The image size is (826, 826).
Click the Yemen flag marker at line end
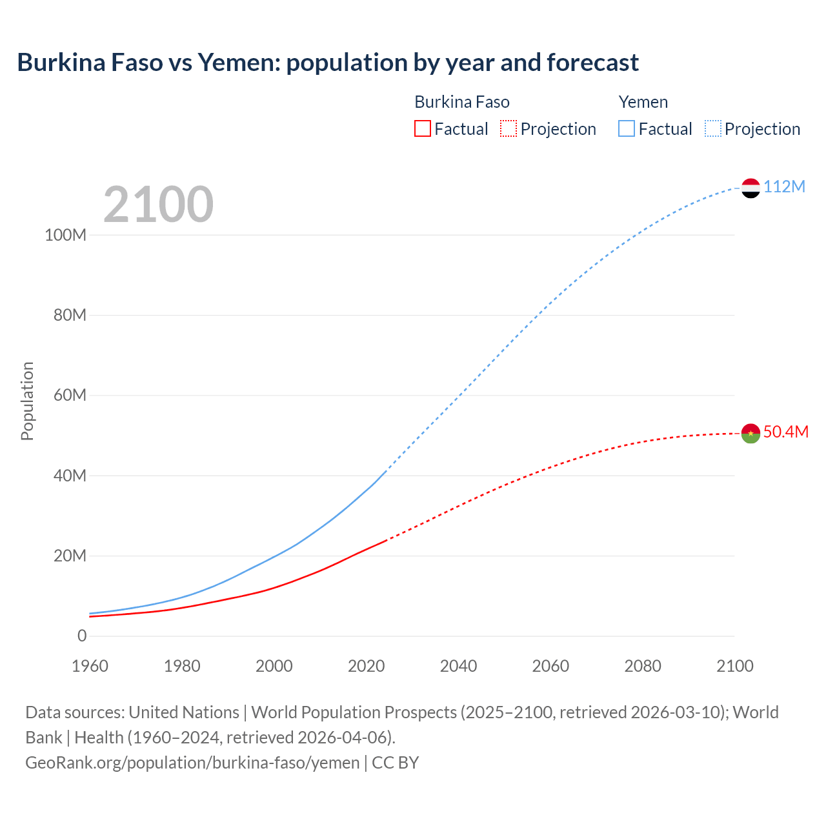point(750,188)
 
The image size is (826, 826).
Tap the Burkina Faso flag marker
point(750,433)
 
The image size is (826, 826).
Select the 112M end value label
point(784,186)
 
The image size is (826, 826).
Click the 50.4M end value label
point(785,432)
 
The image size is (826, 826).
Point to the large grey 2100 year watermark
point(158,205)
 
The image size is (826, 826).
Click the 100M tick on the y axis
point(65,235)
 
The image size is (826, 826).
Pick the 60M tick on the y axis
point(69,395)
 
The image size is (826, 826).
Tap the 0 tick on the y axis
point(81,636)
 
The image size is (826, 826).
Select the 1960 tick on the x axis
point(90,666)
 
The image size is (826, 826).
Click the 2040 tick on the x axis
point(458,666)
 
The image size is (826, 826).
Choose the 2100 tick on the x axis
point(734,666)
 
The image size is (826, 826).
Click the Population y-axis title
point(27,401)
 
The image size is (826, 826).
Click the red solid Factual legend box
point(422,128)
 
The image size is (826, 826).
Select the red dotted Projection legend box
point(508,128)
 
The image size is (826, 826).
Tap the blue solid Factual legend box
point(626,128)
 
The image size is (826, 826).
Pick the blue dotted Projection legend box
point(712,128)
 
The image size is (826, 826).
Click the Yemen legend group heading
point(643,102)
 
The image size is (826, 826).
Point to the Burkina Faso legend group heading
point(461,102)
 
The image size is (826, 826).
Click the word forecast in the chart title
point(592,63)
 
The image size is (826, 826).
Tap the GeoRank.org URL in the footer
point(192,762)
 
